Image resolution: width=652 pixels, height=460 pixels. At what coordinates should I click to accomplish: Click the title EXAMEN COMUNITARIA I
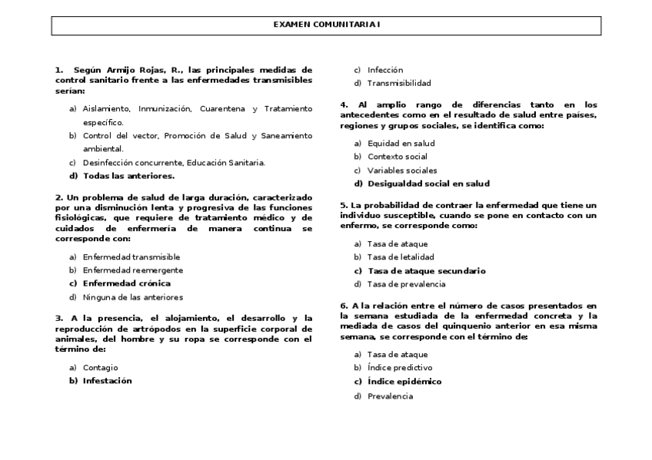pos(326,25)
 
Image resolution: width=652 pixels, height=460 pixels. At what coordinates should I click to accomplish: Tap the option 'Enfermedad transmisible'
pos(131,256)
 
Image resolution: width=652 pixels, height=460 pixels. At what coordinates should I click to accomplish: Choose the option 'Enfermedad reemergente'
pos(133,270)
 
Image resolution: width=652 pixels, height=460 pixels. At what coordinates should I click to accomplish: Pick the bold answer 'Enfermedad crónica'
pos(127,283)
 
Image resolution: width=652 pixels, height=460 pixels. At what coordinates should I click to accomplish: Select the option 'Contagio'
pos(101,368)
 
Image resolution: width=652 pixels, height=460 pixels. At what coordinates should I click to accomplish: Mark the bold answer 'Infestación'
pos(108,381)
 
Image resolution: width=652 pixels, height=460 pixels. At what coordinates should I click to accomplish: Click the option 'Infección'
pos(385,70)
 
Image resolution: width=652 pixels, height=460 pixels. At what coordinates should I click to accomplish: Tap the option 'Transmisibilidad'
pos(399,83)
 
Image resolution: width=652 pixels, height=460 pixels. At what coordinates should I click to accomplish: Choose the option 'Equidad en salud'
pos(401,144)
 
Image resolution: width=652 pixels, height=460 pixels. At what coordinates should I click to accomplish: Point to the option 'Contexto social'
pos(398,157)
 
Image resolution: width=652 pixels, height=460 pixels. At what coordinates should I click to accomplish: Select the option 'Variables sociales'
pos(402,170)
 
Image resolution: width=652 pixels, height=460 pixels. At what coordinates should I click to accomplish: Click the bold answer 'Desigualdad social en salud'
pos(428,184)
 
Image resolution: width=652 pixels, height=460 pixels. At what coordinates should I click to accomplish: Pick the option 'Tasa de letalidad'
pos(401,257)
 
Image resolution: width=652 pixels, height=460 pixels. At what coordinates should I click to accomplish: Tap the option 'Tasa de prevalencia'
pos(406,284)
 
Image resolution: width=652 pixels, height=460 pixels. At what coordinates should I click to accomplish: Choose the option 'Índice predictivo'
pos(400,368)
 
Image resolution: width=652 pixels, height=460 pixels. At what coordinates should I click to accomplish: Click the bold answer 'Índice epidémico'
pos(404,382)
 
